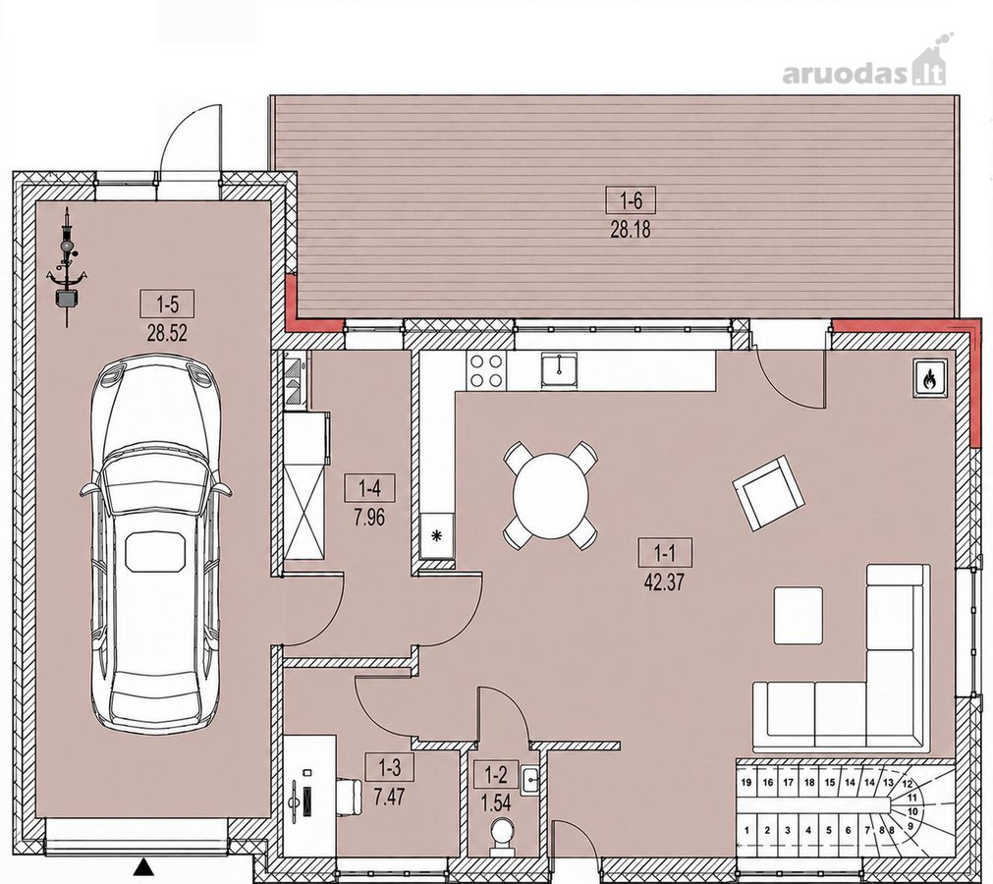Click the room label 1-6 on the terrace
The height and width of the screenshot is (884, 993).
coord(631,200)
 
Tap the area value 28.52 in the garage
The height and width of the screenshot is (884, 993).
coord(167,333)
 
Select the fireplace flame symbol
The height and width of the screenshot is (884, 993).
coord(929,379)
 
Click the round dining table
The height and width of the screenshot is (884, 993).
coord(550,495)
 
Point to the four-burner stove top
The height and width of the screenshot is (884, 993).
coord(486,370)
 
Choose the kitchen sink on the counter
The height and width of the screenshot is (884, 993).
coord(559,369)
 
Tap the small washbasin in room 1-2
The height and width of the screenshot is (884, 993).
coord(530,780)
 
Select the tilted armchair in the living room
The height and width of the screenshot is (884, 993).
coord(768,491)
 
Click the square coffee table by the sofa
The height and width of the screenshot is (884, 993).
coord(799,616)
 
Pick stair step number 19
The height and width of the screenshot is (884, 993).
coord(746,783)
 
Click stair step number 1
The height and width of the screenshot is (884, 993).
coord(747,830)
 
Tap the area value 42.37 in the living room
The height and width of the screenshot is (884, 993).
coord(664,581)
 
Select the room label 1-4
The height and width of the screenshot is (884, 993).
coord(370,489)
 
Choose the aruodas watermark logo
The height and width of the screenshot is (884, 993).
coord(863,67)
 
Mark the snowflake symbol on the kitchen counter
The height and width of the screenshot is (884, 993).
coord(436,535)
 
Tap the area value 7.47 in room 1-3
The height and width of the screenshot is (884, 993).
coord(390,796)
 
